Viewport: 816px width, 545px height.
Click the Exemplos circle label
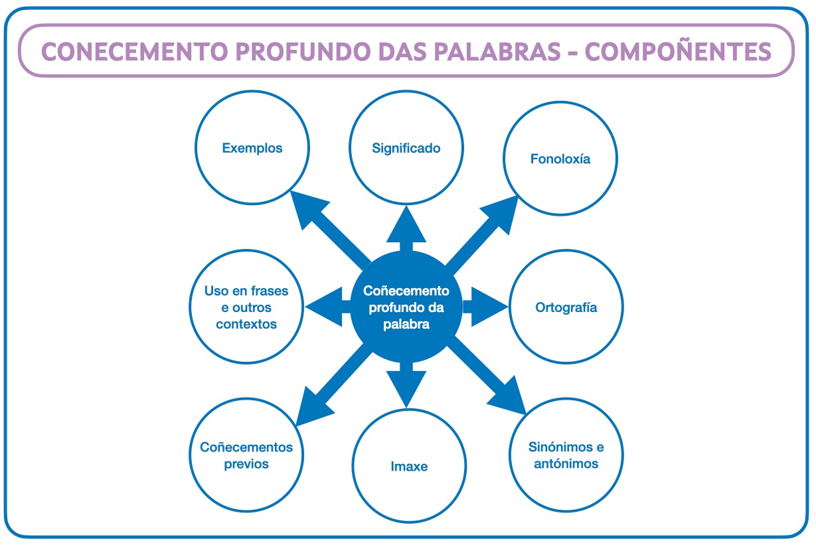pos(252,148)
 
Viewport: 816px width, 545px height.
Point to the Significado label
pos(406,148)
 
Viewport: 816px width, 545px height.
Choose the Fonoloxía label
pos(560,159)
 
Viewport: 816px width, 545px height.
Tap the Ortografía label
pos(566,307)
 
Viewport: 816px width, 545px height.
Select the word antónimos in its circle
pos(566,464)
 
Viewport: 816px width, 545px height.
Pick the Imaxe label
pos(409,467)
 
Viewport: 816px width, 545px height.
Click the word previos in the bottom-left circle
pos(246,464)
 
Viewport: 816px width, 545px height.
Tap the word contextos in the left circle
pos(246,325)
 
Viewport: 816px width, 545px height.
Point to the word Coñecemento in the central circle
pos(406,291)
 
